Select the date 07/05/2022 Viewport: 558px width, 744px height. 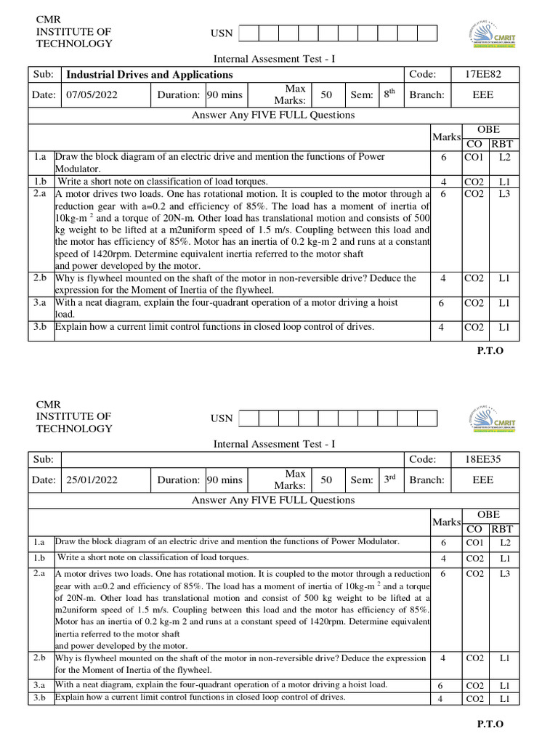point(92,94)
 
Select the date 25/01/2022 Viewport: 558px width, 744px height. point(92,480)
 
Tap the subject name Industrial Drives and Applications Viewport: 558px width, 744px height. point(149,74)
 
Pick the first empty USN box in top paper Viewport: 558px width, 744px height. point(248,33)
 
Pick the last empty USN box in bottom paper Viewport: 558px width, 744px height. point(427,418)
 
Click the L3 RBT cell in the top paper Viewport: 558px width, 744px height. point(504,194)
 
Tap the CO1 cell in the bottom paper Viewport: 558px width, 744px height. point(474,542)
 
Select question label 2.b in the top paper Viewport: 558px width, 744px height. point(41,278)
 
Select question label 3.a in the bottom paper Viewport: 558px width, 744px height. point(41,685)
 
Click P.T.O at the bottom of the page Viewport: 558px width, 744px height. point(490,724)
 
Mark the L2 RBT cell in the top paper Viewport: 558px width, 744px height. point(504,157)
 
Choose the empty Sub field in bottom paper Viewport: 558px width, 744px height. point(232,459)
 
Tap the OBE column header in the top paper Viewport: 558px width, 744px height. point(488,129)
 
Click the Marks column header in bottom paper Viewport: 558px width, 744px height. point(446,522)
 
